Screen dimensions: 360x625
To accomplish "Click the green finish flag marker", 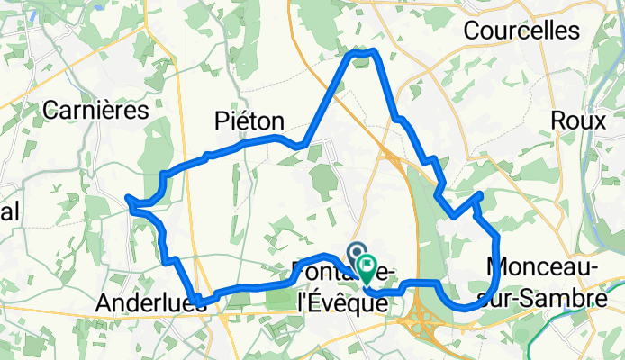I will coord(367,266).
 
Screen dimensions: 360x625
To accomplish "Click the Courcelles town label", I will coord(521,31).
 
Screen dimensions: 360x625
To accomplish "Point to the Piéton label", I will coord(249,121).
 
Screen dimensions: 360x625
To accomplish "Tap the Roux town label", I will coord(574,121).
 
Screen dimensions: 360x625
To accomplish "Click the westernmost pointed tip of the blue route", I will coord(129,198).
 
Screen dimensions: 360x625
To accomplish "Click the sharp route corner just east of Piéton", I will coord(305,143).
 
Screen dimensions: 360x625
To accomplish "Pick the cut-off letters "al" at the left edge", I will coord(10,210).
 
